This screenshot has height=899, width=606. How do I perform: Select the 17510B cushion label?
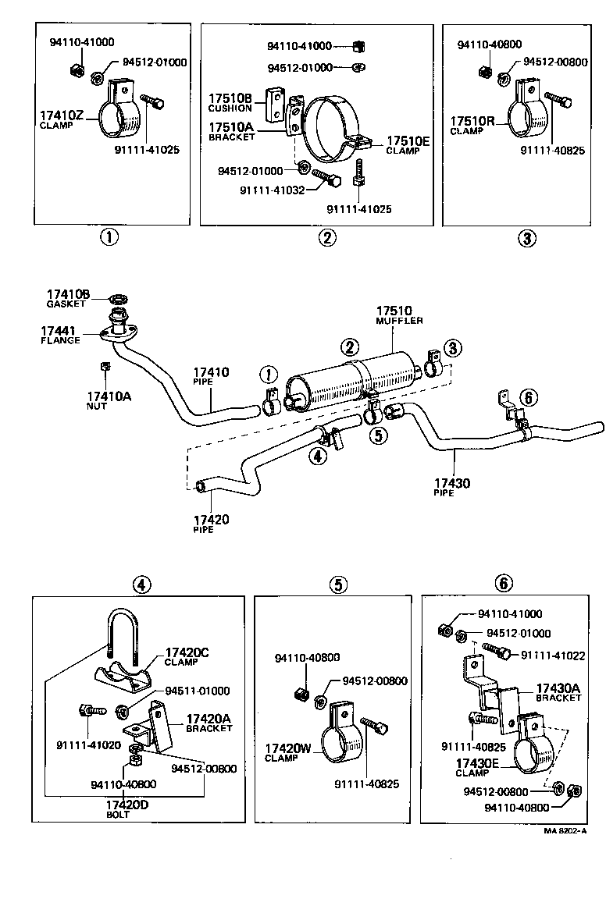[230, 98]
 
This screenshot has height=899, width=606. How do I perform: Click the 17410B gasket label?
[68, 293]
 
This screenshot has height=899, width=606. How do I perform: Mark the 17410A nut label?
[109, 396]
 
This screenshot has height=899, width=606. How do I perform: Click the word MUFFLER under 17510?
[401, 321]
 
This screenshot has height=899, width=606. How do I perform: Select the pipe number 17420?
[211, 519]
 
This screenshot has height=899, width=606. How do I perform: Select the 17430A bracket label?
[558, 688]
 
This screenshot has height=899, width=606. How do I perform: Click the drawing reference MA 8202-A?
[565, 831]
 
